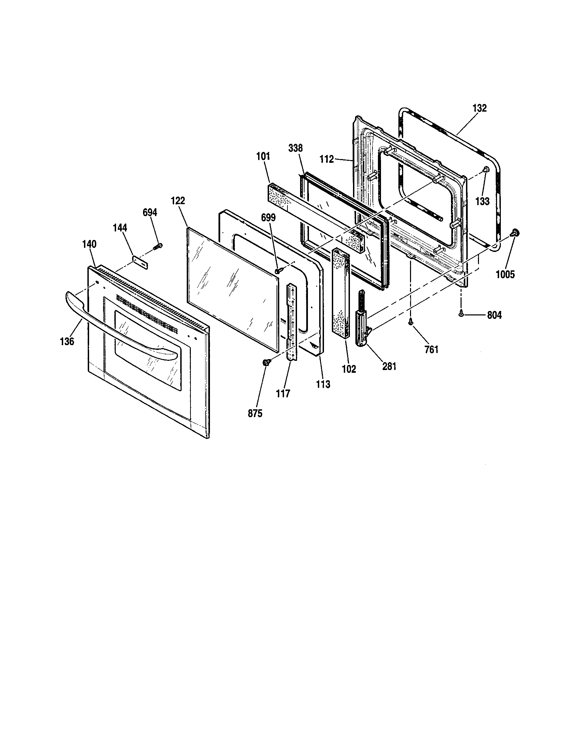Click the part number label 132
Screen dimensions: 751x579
pyautogui.click(x=479, y=108)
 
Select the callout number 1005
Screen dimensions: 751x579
pyautogui.click(x=505, y=274)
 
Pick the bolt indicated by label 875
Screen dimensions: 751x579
pyautogui.click(x=266, y=362)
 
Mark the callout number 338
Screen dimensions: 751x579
pyautogui.click(x=295, y=148)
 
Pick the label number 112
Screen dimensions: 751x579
pyautogui.click(x=326, y=159)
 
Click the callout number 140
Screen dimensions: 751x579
pyautogui.click(x=89, y=244)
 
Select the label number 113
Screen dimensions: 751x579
pyautogui.click(x=323, y=384)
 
